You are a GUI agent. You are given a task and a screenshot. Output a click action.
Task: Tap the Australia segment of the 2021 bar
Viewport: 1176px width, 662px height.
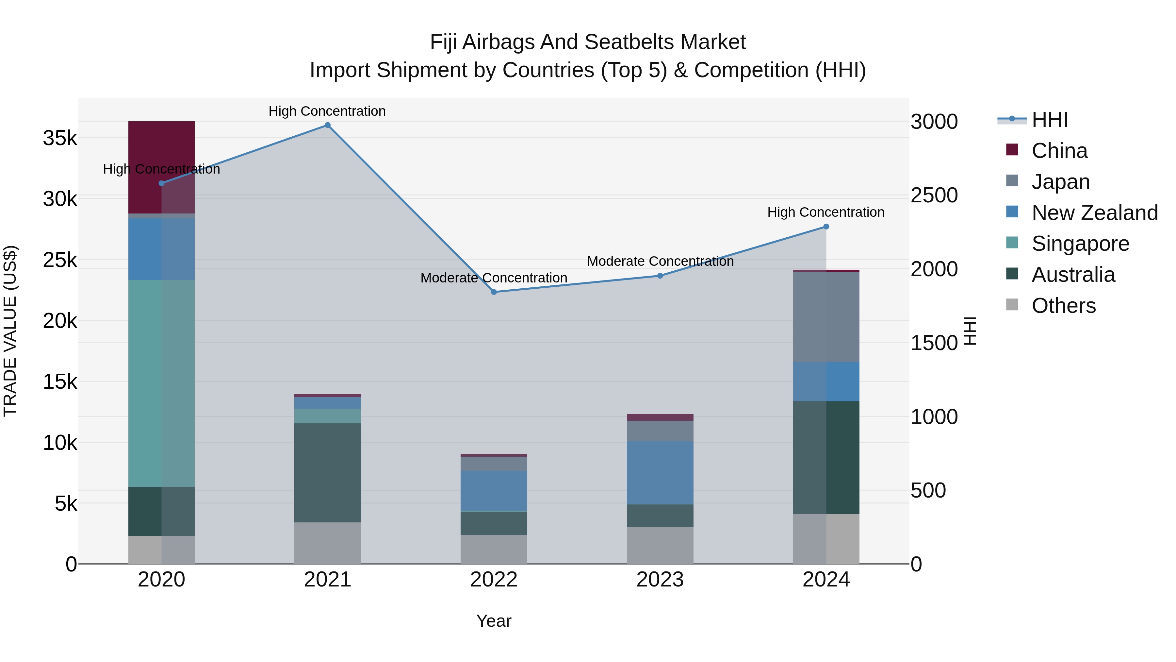327,472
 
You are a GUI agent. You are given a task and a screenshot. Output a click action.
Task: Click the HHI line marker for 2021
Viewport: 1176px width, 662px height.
327,125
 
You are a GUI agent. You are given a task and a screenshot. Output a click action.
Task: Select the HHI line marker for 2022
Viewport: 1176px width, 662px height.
494,292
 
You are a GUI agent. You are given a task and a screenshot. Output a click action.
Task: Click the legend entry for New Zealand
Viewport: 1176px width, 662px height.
1094,213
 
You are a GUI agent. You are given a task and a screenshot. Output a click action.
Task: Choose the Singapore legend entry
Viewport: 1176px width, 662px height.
1080,244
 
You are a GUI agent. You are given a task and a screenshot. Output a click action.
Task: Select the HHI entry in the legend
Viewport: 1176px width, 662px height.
1049,120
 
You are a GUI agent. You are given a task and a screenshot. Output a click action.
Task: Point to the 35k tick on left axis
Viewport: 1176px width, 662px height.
60,138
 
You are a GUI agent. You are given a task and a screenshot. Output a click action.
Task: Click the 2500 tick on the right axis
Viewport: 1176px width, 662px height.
934,195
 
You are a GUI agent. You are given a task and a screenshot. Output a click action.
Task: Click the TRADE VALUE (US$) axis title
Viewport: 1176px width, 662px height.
10,331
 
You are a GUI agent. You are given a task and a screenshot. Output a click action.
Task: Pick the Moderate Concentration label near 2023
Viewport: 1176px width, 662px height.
660,261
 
